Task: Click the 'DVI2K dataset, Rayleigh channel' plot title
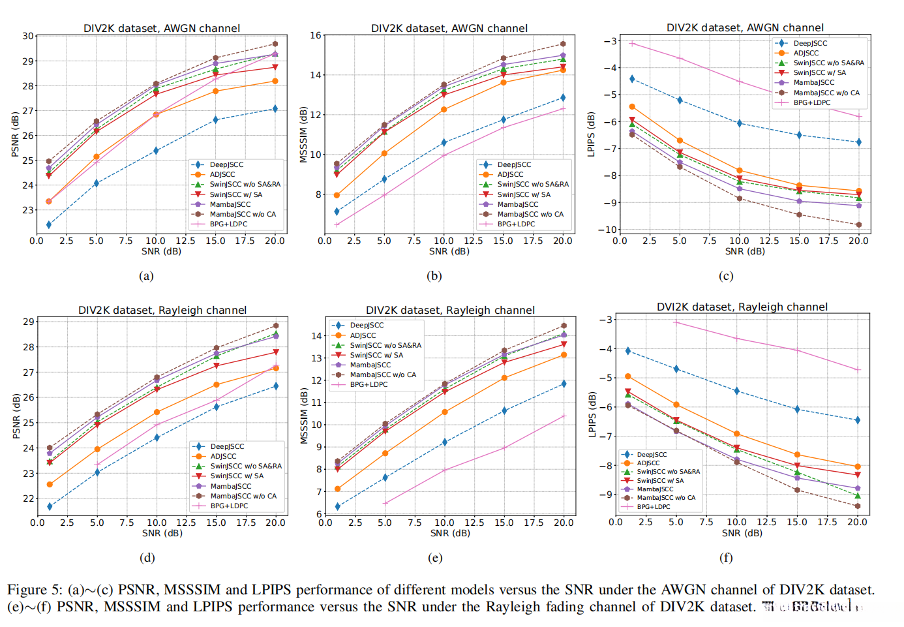click(742, 307)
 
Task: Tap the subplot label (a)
click(146, 276)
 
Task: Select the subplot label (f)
click(725, 558)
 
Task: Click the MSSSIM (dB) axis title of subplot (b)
click(303, 134)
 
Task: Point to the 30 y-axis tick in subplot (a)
click(27, 36)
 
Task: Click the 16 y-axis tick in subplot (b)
click(316, 35)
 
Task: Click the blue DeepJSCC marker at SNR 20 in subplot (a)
click(275, 109)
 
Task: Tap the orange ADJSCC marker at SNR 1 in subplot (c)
click(632, 106)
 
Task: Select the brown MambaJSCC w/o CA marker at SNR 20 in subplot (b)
click(563, 44)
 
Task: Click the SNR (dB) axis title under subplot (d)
click(162, 533)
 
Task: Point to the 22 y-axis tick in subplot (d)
click(29, 498)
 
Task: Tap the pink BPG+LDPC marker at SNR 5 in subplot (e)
click(385, 503)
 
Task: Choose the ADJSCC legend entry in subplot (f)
click(648, 463)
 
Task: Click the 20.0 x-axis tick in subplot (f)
click(857, 522)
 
